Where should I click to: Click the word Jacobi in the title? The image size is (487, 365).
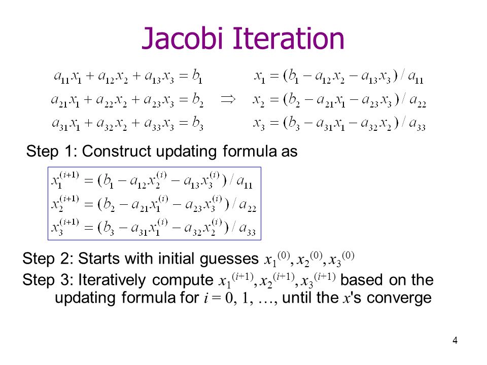[183, 39]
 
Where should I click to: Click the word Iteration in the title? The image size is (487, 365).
[289, 39]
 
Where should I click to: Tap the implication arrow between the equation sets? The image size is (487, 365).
[228, 99]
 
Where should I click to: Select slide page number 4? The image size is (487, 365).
[455, 341]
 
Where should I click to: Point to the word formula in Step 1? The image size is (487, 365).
[250, 151]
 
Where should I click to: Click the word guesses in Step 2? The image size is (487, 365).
[229, 259]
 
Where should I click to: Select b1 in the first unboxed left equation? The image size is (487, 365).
[197, 76]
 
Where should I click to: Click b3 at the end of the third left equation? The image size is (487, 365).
[197, 124]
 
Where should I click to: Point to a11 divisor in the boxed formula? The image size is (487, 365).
[245, 181]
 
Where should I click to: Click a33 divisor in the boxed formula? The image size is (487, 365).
[247, 229]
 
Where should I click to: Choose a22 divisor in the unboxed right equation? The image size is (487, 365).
[418, 100]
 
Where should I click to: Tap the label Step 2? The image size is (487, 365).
[48, 259]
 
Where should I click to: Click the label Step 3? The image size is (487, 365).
[48, 280]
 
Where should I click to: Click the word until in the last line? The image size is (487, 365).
[297, 298]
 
